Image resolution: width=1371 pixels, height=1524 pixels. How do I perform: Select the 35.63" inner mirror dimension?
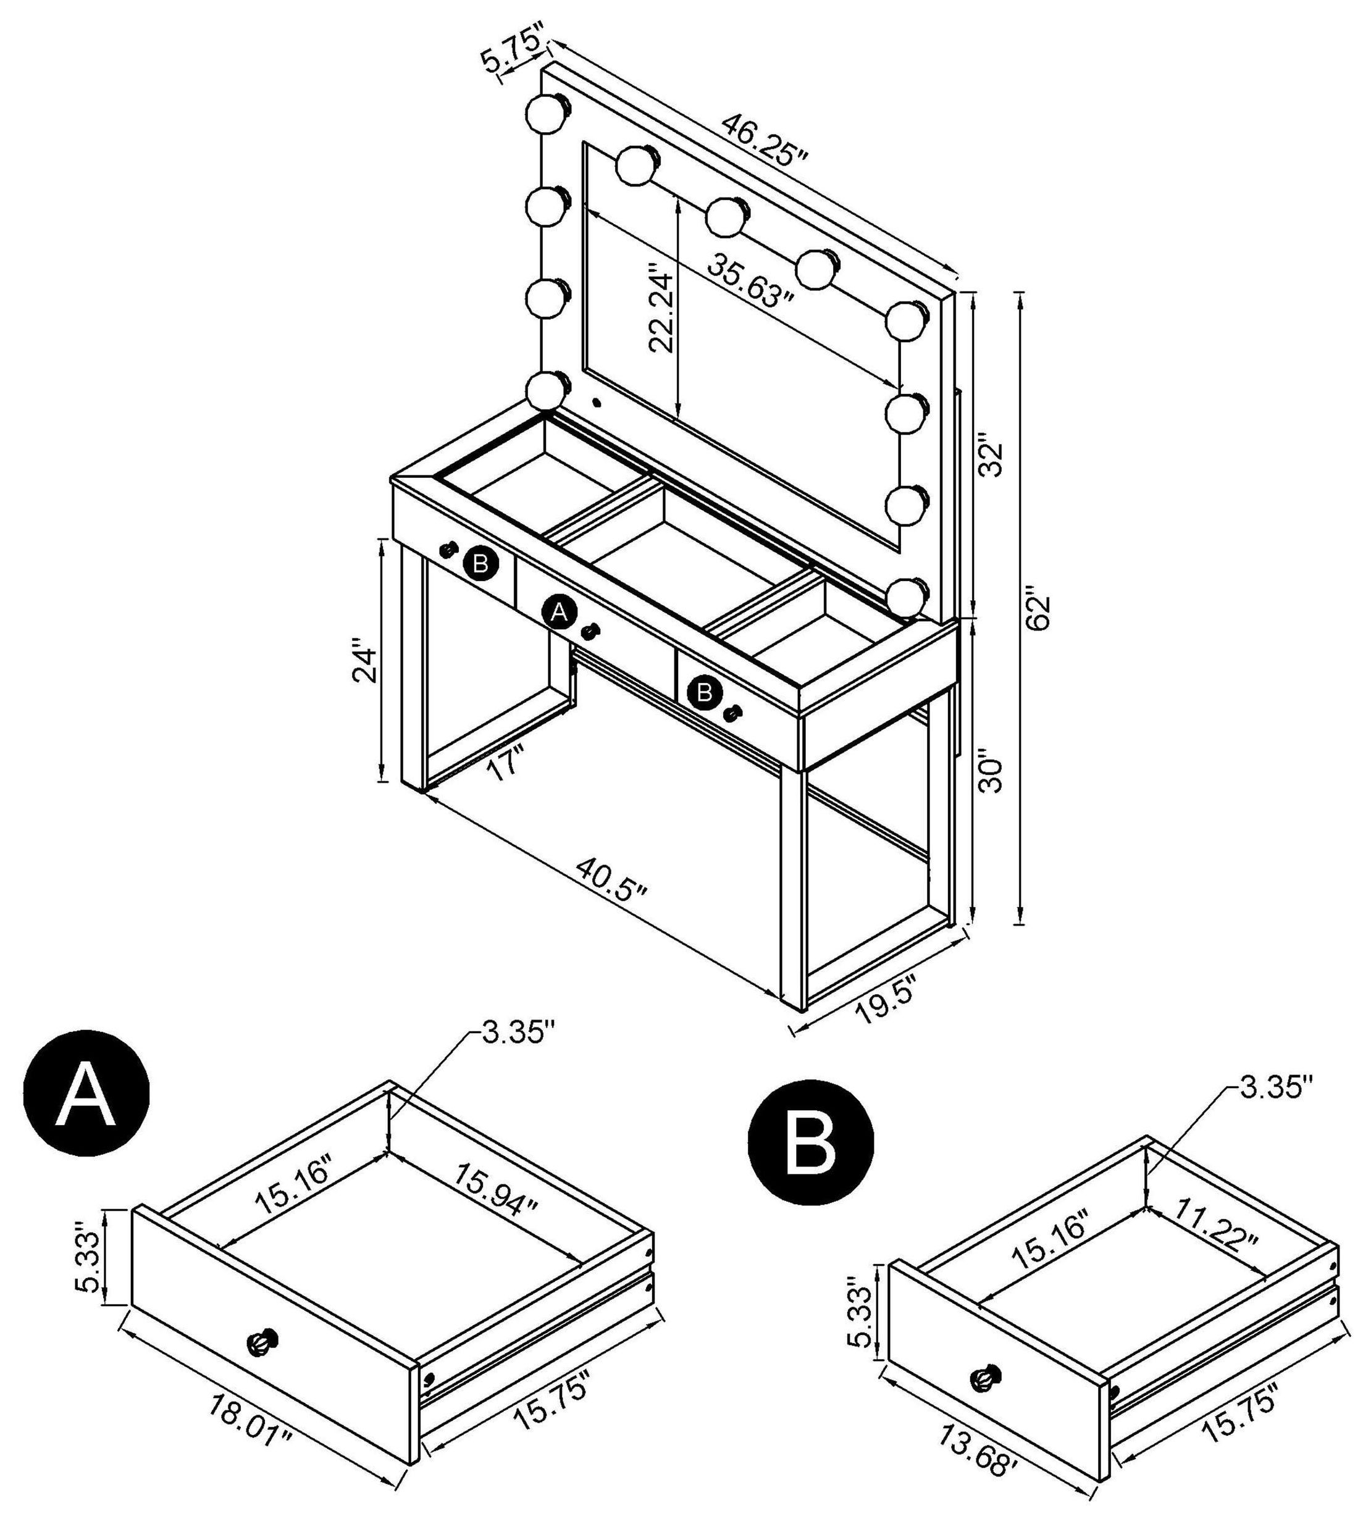point(750,280)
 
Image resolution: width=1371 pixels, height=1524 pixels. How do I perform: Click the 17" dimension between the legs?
point(505,764)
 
